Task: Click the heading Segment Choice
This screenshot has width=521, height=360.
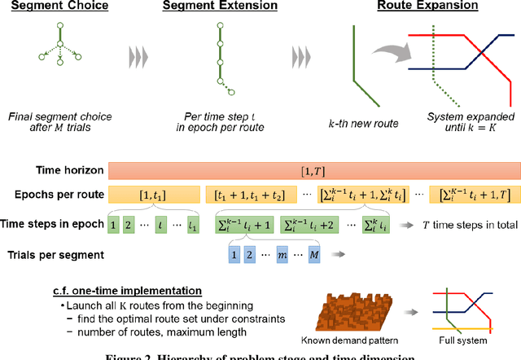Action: point(55,7)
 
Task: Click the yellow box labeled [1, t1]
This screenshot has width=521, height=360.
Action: point(155,194)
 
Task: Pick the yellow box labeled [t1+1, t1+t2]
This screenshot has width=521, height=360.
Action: point(251,194)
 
